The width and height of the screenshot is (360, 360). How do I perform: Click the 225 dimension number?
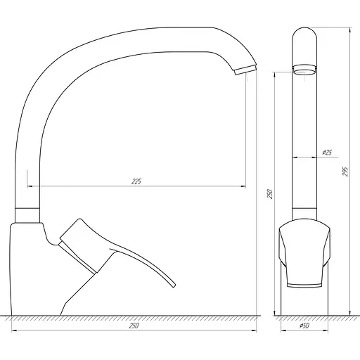pos(136,181)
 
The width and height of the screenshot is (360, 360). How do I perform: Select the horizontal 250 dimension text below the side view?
pos(134,326)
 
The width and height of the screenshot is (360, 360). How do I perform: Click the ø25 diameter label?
pos(326,153)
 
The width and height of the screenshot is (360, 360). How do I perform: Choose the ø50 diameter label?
pos(304,326)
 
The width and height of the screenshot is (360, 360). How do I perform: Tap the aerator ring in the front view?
pos(304,70)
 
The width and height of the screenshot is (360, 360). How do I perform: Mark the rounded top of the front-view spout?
pos(304,32)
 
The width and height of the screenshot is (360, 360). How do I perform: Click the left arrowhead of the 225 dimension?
pos(30,186)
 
